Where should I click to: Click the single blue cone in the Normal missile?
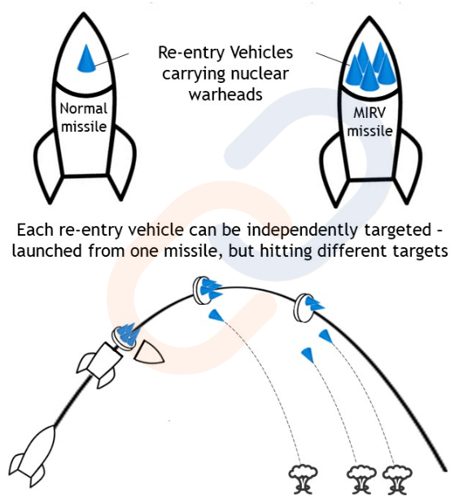point(86,59)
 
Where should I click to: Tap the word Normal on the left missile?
point(84,109)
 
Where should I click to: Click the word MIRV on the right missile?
point(369,113)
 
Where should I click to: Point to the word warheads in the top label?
point(225,95)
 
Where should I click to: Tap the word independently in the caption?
point(303,231)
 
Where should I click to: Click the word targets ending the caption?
point(420,251)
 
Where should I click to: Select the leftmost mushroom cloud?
point(303,480)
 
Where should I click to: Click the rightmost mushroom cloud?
point(397,480)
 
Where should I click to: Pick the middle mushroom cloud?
point(361,480)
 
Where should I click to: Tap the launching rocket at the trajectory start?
point(33,456)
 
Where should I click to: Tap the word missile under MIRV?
point(370,131)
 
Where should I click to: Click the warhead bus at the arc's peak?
point(206,290)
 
